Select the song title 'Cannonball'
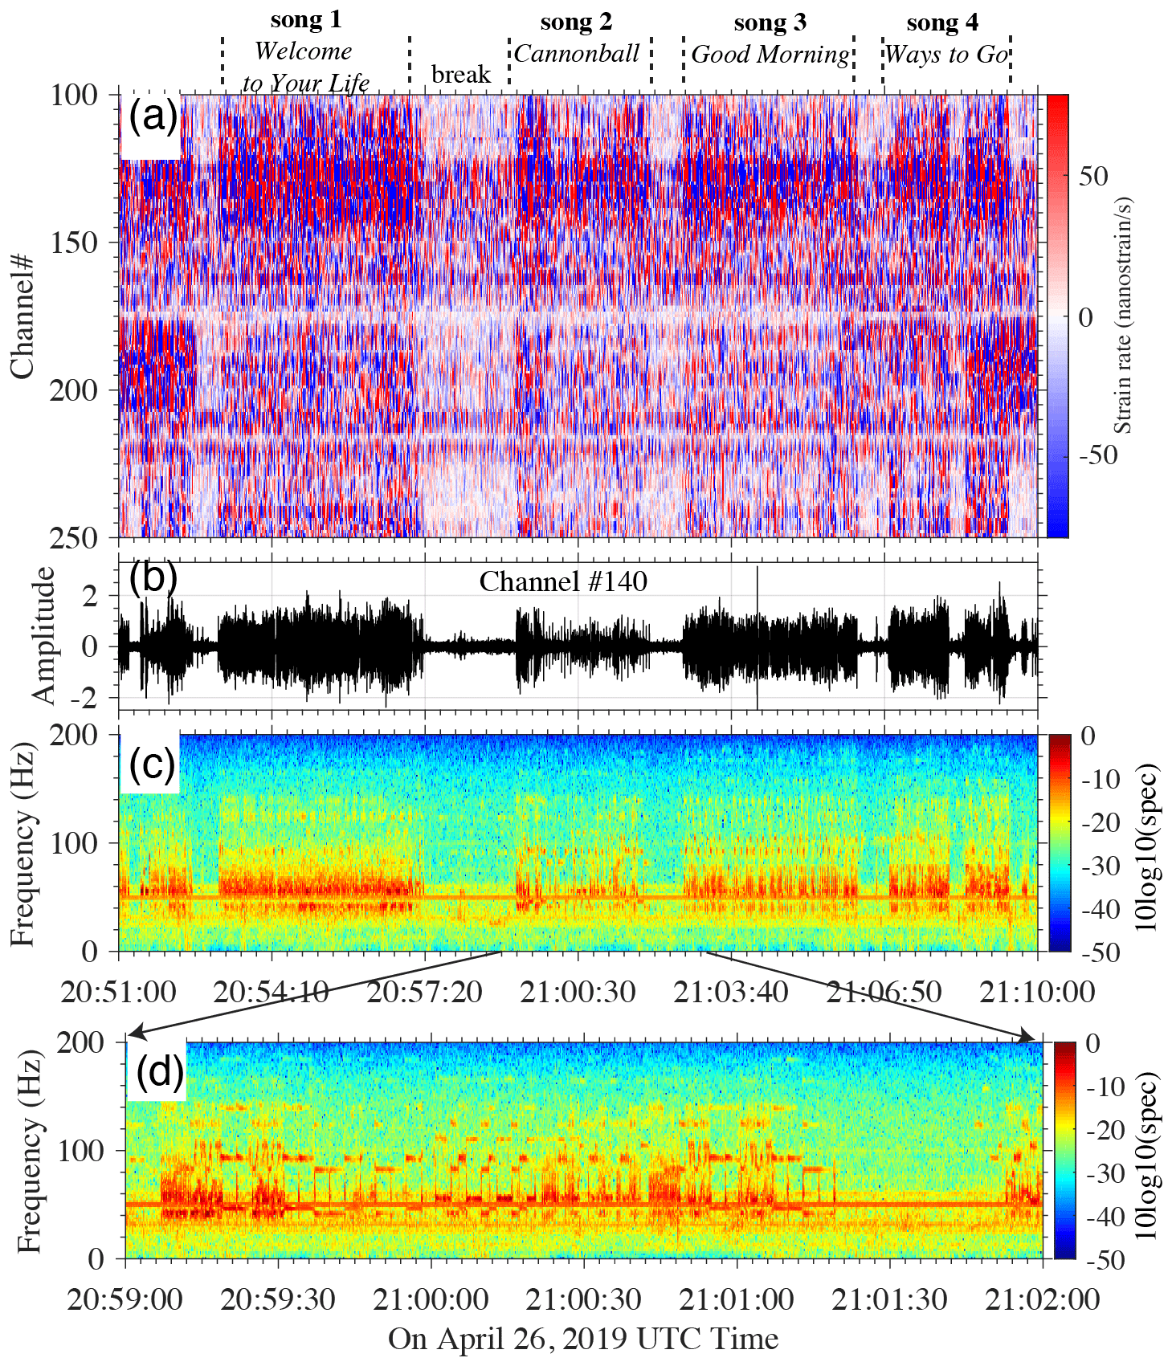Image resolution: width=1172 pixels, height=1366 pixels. coord(577,54)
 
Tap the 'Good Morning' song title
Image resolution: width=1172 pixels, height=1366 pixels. coord(770,55)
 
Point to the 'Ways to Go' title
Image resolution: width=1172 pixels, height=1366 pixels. coord(945,55)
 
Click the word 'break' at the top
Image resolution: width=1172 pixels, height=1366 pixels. coord(460,75)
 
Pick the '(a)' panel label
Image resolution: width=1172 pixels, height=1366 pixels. coord(152,117)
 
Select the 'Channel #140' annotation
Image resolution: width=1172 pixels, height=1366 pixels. coord(563,581)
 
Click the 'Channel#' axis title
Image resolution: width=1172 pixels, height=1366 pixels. coord(22,316)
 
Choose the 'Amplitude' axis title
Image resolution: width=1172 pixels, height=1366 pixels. coord(44,635)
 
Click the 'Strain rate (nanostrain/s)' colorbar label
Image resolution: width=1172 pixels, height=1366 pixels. coord(1123,316)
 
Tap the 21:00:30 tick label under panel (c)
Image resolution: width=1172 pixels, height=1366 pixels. coord(578,992)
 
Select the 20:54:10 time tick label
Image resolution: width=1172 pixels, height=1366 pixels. coord(272,992)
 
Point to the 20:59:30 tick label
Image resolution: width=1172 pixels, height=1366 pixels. coord(278,1299)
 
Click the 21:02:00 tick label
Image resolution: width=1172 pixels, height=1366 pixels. coord(1042,1299)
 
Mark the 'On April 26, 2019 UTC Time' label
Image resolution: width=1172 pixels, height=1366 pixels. coord(583,1339)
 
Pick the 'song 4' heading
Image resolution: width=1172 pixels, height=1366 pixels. coord(942,22)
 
